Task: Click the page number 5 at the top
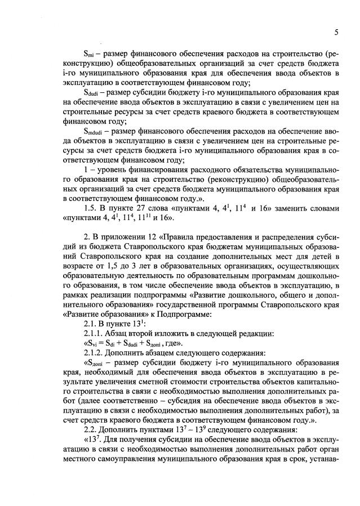[336, 33]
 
